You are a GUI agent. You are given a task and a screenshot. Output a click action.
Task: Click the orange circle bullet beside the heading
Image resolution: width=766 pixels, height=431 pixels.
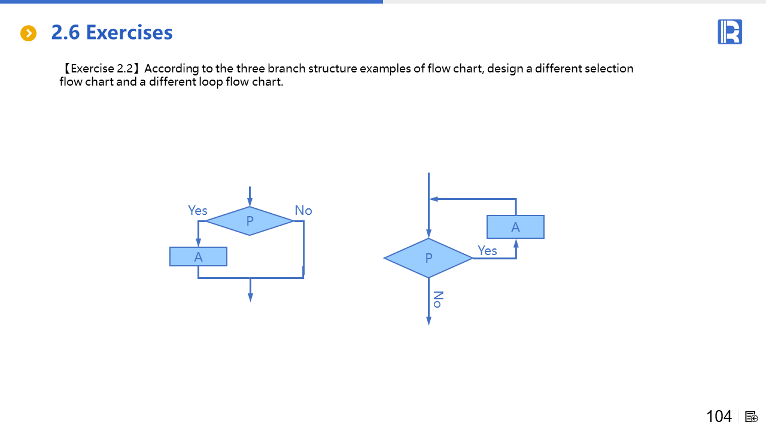pos(28,33)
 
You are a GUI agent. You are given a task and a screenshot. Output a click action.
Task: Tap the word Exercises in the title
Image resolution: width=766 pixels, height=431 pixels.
pos(129,32)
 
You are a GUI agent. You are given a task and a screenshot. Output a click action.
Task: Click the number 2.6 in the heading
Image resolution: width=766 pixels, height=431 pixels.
pos(65,32)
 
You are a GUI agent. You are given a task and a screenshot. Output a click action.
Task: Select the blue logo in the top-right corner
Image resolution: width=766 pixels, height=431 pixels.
pos(729,32)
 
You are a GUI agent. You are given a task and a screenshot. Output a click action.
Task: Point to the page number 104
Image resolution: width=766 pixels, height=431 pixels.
pos(719,416)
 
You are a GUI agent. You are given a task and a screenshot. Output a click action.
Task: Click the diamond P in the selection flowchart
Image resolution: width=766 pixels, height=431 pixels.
pos(250,221)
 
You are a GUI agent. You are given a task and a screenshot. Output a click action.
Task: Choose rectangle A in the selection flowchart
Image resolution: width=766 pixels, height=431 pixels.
pos(198,257)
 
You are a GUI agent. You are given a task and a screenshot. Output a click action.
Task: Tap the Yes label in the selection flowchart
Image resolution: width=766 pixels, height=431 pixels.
pos(197,210)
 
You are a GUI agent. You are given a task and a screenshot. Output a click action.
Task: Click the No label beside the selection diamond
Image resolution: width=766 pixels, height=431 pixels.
pos(303,210)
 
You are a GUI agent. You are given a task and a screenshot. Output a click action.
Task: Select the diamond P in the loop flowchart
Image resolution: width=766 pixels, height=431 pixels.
pos(428,258)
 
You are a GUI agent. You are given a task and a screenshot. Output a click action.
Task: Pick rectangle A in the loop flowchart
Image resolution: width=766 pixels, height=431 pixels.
pos(515,227)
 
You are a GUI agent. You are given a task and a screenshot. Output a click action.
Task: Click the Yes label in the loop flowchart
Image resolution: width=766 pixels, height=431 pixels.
pos(487,250)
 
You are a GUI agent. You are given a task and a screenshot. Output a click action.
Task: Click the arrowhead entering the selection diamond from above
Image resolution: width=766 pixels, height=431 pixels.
pos(250,202)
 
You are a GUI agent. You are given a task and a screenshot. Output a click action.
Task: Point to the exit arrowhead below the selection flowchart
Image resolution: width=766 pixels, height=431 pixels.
pos(250,298)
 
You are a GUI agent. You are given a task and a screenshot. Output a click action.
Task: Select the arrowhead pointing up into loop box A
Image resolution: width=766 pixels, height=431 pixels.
pos(516,244)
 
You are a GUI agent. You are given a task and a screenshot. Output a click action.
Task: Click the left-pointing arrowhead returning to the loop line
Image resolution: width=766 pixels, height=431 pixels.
pos(434,199)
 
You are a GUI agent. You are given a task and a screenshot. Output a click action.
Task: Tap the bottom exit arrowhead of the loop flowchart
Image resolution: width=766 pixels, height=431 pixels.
pos(428,320)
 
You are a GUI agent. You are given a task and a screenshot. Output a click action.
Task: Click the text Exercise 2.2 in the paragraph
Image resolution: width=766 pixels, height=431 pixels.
pos(102,68)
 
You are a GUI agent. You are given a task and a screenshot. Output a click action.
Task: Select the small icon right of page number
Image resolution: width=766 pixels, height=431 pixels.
pos(751,417)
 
